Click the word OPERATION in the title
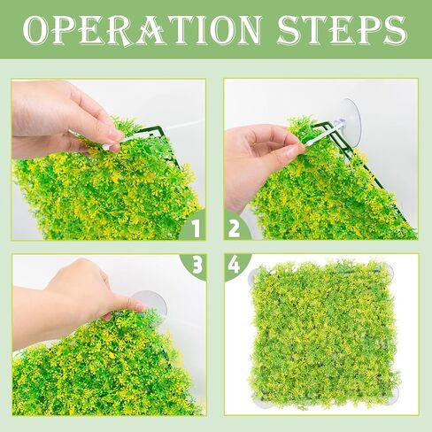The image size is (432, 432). (143, 29)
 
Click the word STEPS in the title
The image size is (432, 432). (343, 29)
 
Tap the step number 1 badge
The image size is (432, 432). (194, 228)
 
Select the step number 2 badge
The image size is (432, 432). (235, 228)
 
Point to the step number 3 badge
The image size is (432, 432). (196, 265)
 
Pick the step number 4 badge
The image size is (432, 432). (235, 265)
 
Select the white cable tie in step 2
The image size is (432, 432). (321, 135)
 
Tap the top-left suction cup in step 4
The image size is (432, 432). (253, 276)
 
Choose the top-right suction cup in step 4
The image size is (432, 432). (389, 271)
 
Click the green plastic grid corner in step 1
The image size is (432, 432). (157, 131)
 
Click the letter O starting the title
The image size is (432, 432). (35, 30)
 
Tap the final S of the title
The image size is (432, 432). (396, 29)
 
